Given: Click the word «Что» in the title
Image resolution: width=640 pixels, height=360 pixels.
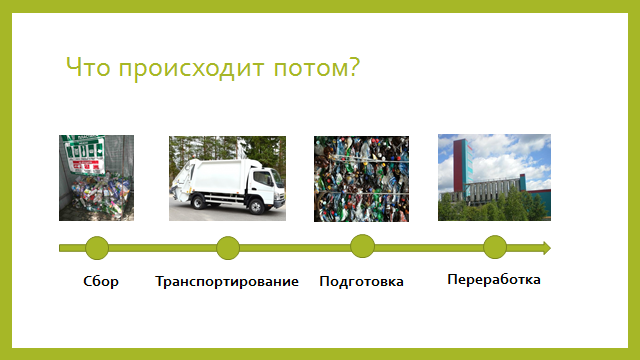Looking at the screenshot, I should [x=87, y=69].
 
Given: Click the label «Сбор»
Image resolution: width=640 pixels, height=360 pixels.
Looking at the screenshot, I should [x=101, y=281].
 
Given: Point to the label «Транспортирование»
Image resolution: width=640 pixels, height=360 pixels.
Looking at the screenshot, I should [x=227, y=281].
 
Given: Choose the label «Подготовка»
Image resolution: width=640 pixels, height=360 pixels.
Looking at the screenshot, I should [x=361, y=281].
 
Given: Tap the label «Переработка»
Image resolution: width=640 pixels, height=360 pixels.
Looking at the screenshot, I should [x=494, y=279].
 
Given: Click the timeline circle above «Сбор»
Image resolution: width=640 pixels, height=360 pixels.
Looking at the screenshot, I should [x=97, y=248].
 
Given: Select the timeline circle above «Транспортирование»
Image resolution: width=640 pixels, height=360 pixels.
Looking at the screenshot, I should [x=228, y=248].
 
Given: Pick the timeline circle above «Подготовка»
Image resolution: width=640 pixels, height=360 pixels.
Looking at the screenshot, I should [x=362, y=246].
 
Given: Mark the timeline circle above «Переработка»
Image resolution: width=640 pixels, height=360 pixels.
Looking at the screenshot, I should [x=495, y=247].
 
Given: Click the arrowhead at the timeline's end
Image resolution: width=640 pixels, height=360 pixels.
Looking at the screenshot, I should [x=545, y=247].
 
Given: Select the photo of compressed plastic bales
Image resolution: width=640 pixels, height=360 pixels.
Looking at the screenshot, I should [x=361, y=178].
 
